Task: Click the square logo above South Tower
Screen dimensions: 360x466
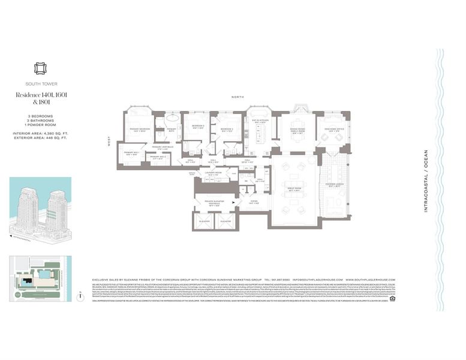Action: [x=41, y=68]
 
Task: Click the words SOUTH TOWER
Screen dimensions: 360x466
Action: [x=41, y=84]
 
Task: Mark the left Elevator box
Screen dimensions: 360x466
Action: [x=205, y=221]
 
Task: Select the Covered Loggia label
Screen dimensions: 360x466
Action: [x=334, y=185]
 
